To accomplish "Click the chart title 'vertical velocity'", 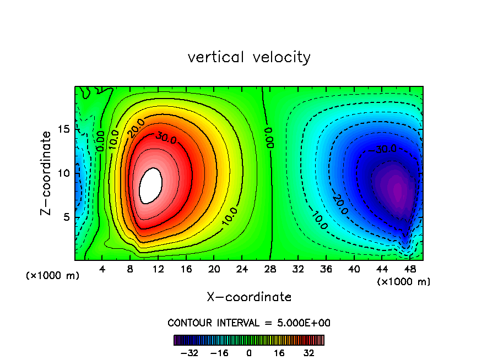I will click(x=249, y=57).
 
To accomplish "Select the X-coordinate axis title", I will click(x=249, y=297).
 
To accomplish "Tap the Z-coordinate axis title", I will click(x=49, y=173).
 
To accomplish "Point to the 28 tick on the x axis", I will click(x=270, y=270).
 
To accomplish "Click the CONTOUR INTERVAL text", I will click(x=249, y=323).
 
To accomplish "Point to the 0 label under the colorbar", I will click(x=249, y=353).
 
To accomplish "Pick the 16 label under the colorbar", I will click(x=279, y=353).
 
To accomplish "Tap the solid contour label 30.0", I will click(x=166, y=138).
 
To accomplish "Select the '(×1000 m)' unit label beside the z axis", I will click(x=53, y=275).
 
